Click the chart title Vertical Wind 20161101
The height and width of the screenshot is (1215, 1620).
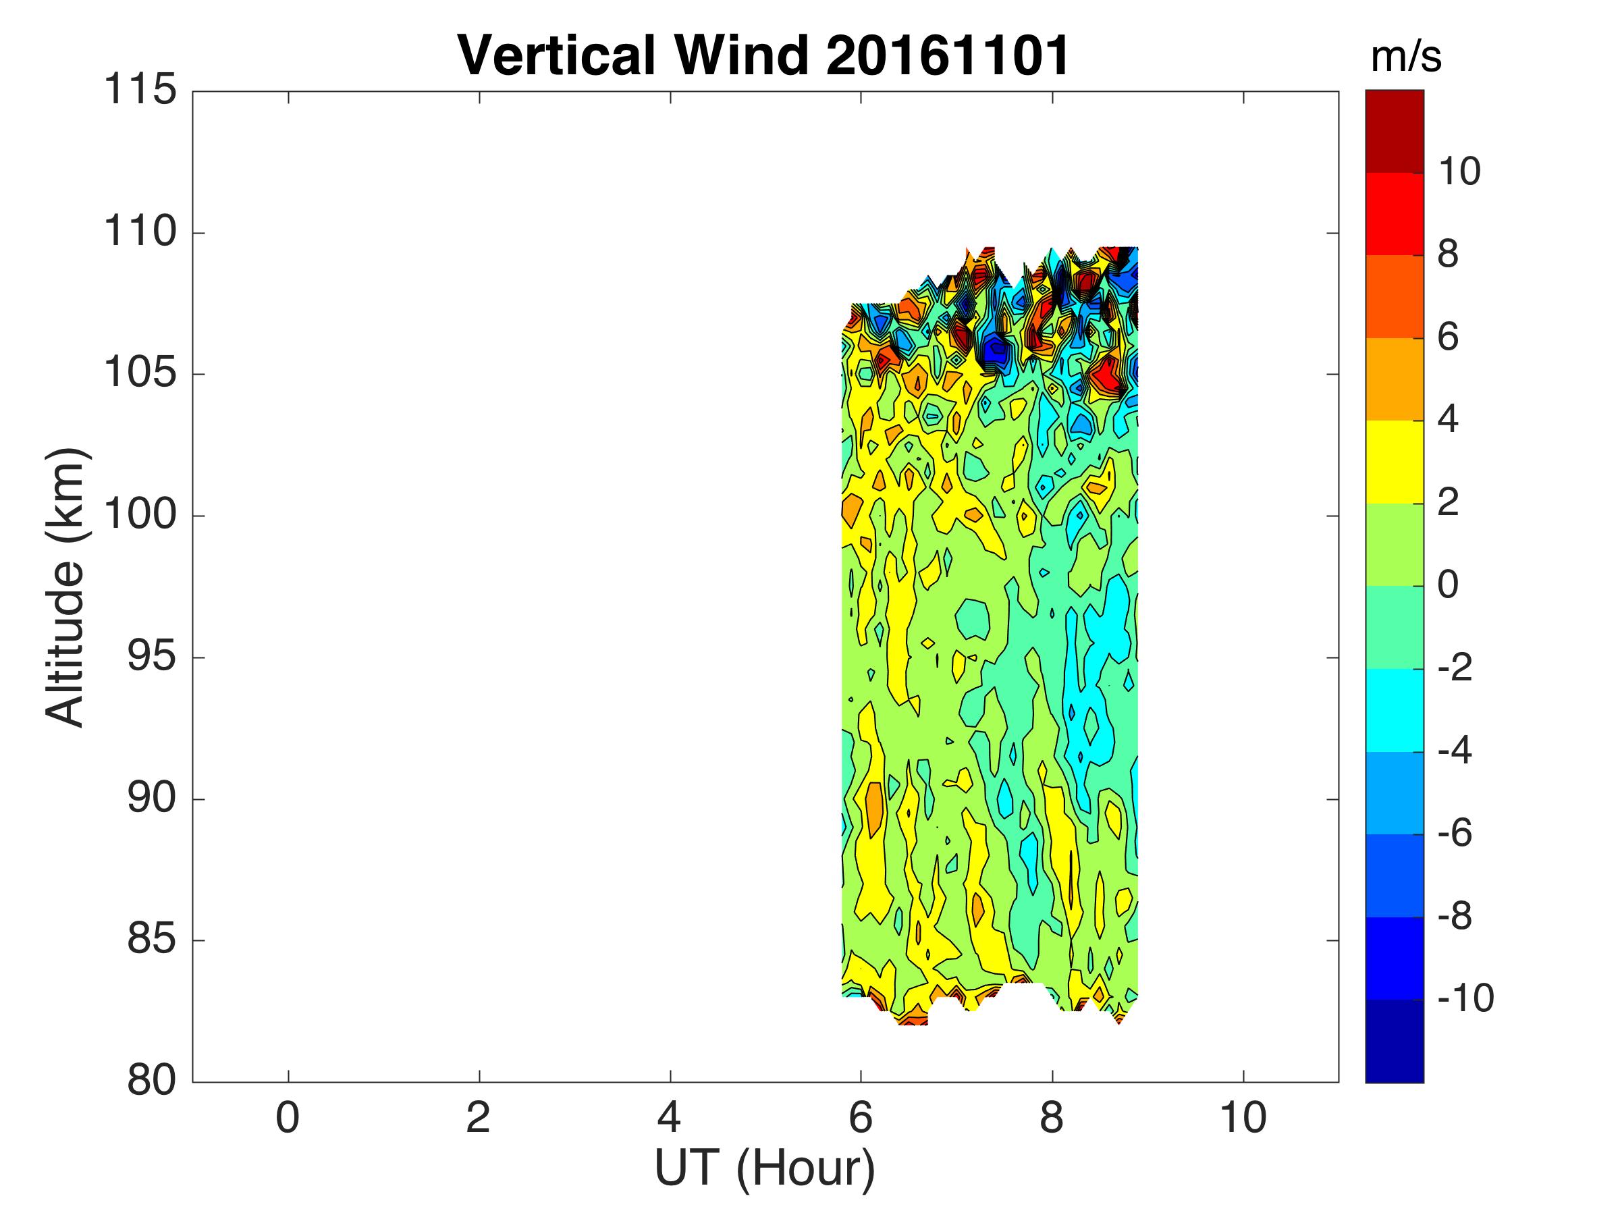click(x=763, y=55)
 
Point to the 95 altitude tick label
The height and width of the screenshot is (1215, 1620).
click(x=152, y=657)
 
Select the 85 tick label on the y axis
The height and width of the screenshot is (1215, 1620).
click(x=152, y=940)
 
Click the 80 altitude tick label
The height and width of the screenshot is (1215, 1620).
click(x=152, y=1081)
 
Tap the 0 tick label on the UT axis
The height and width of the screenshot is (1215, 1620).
click(x=288, y=1119)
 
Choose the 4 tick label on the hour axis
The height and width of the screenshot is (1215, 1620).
click(x=670, y=1119)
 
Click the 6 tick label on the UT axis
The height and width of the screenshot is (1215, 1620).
click(x=861, y=1119)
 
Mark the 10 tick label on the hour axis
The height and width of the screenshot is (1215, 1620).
click(x=1243, y=1119)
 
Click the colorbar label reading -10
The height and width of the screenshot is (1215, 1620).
click(x=1465, y=999)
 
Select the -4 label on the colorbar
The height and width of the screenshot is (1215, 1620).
click(x=1455, y=751)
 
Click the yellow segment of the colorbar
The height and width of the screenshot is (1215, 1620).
click(x=1395, y=462)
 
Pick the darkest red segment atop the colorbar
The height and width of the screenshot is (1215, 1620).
click(x=1395, y=131)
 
